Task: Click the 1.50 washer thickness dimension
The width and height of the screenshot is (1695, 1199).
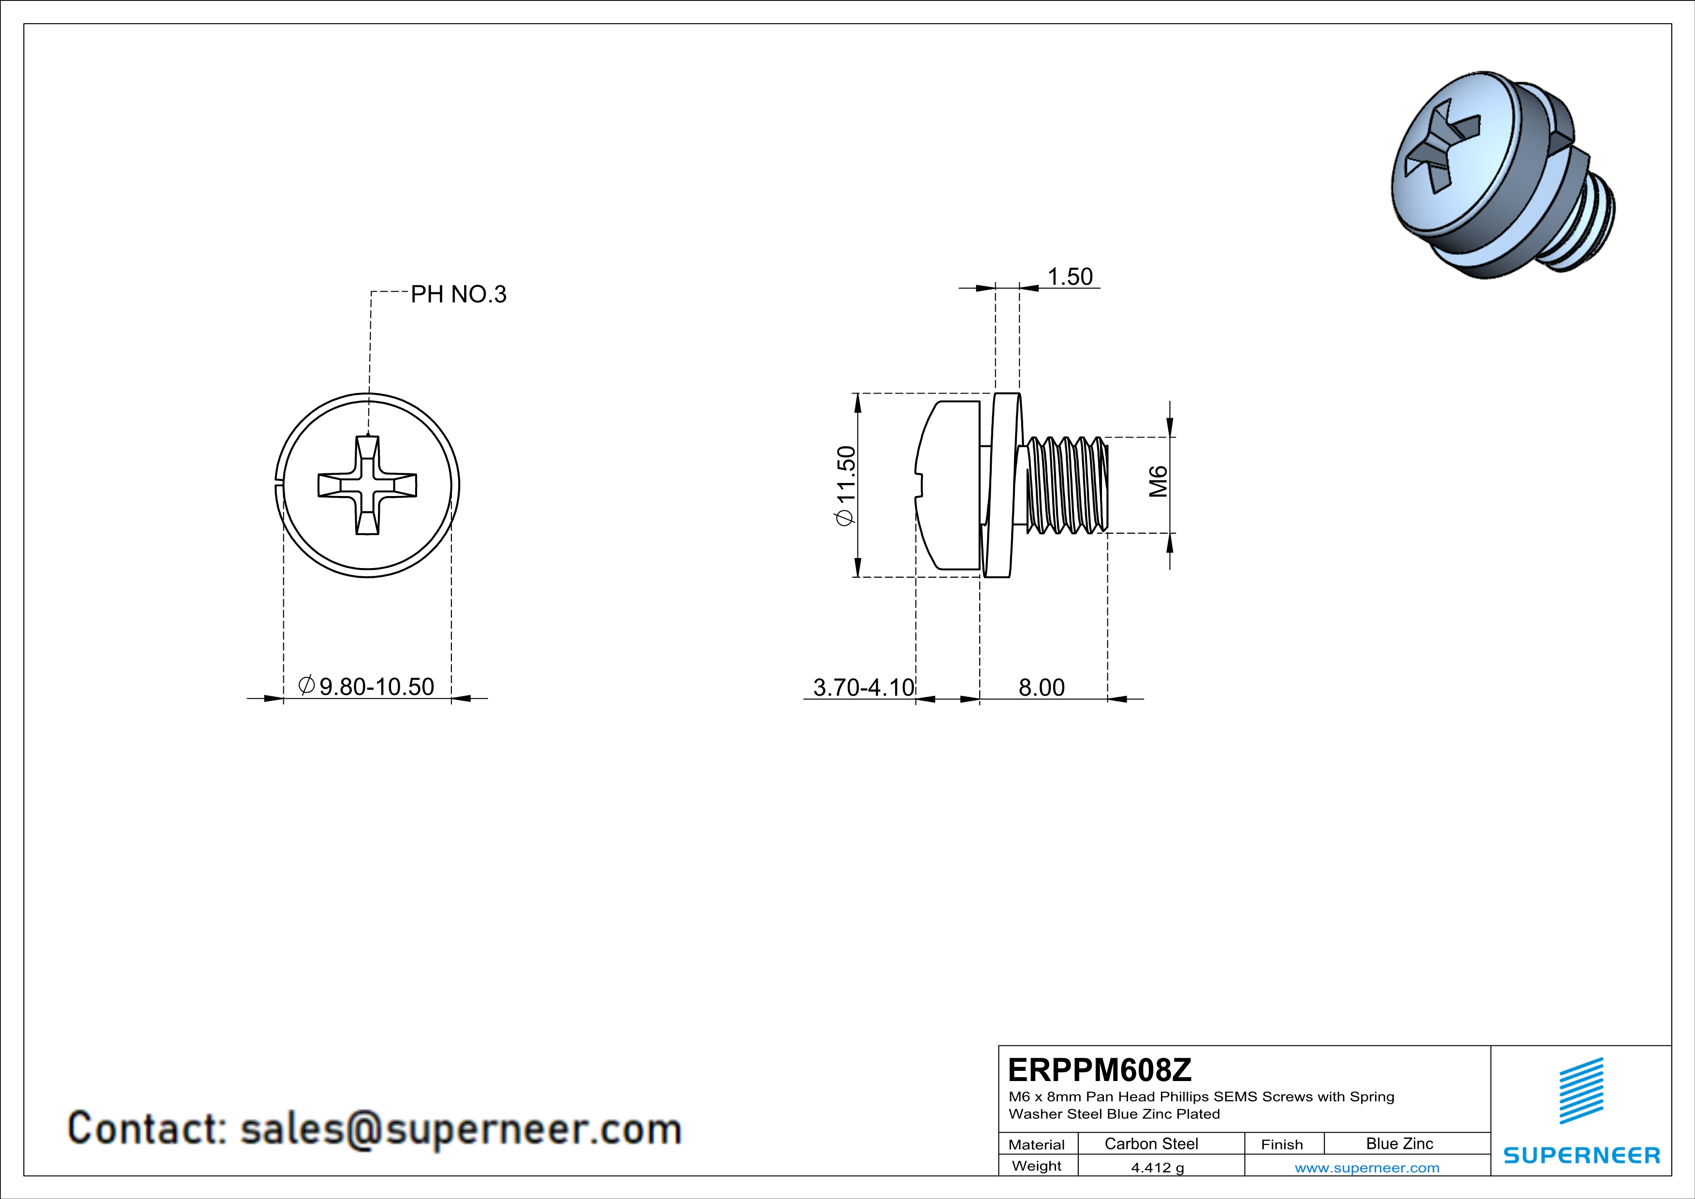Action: tap(1070, 277)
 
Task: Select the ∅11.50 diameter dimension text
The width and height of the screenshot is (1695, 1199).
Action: tap(846, 485)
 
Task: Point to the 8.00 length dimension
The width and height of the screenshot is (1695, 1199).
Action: tap(1041, 687)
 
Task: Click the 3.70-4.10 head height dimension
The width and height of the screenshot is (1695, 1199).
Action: tap(863, 687)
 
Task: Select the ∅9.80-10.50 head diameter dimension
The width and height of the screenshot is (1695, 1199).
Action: tap(367, 687)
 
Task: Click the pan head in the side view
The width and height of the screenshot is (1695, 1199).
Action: tap(949, 485)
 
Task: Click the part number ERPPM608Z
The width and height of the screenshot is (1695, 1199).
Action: tap(1099, 1070)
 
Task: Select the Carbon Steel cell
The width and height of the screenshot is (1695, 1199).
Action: tap(1151, 1143)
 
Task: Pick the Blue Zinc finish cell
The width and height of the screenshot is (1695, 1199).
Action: tap(1399, 1143)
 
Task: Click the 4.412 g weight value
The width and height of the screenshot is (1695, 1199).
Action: tap(1157, 1167)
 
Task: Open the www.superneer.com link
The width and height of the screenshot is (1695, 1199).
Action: tap(1366, 1167)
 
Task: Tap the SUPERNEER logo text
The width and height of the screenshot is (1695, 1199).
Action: tap(1581, 1155)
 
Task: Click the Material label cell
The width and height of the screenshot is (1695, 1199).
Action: tap(1037, 1144)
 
